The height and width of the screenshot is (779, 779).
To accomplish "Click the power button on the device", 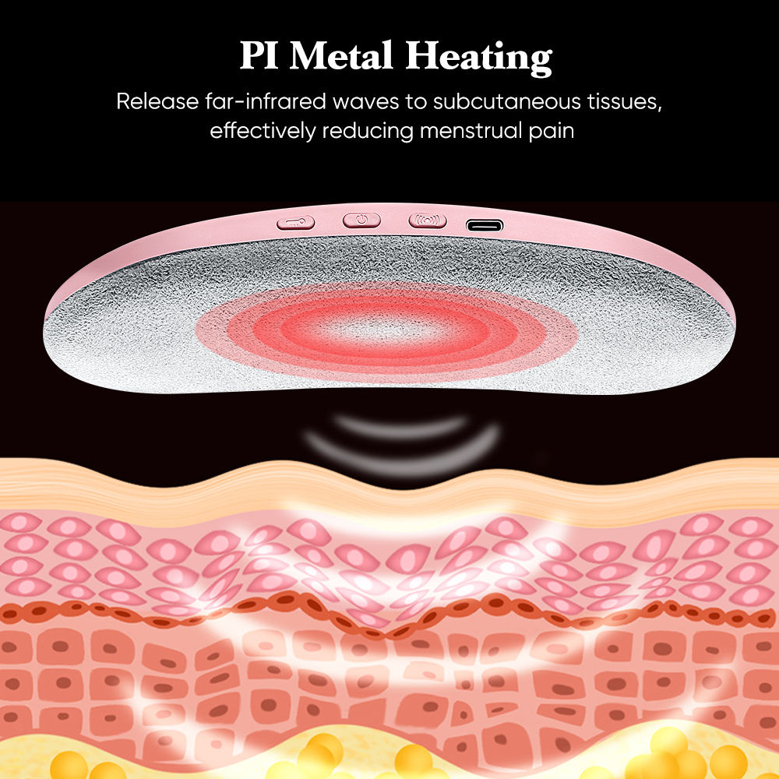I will (x=361, y=220).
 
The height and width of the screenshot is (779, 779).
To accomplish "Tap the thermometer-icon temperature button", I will (x=295, y=222).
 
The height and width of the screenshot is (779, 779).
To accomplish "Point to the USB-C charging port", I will (x=485, y=226).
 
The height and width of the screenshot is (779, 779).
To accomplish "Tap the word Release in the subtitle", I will (x=153, y=102).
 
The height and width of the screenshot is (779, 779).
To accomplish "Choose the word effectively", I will (x=263, y=130).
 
